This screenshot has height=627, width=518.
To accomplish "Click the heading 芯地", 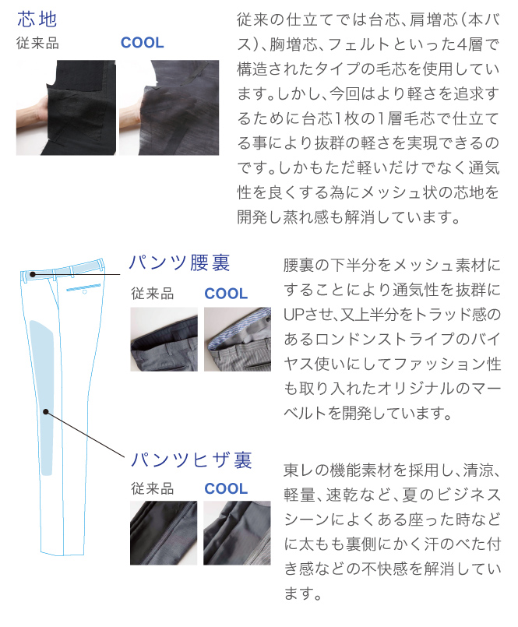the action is (37, 19).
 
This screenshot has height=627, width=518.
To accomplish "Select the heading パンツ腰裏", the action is (179, 262).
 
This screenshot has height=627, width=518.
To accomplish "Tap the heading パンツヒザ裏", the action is (191, 460).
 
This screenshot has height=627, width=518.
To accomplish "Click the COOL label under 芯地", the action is (143, 43).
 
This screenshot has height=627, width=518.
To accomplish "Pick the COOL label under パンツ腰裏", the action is (226, 294).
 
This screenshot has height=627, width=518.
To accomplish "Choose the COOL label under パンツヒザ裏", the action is (226, 488).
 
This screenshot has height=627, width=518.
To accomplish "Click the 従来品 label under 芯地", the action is (37, 43).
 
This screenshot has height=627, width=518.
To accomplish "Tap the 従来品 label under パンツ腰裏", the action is (153, 294).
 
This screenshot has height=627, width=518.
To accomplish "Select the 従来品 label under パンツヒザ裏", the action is (153, 488).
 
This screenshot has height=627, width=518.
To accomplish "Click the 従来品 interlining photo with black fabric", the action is (66, 107).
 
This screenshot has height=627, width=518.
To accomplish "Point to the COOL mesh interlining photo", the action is (169, 107).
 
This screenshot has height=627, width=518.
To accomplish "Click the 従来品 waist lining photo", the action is (164, 339).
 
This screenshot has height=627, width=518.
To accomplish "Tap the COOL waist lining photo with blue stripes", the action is (238, 339).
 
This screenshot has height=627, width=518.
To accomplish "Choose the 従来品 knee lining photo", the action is (164, 533).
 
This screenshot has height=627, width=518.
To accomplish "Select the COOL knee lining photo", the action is (238, 533).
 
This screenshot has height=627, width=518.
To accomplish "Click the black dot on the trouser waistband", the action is (33, 274).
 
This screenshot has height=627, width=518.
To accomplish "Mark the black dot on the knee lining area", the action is (46, 411).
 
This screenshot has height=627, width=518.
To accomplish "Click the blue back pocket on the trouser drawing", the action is (83, 287).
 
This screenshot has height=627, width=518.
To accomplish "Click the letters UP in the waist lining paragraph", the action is (293, 315).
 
